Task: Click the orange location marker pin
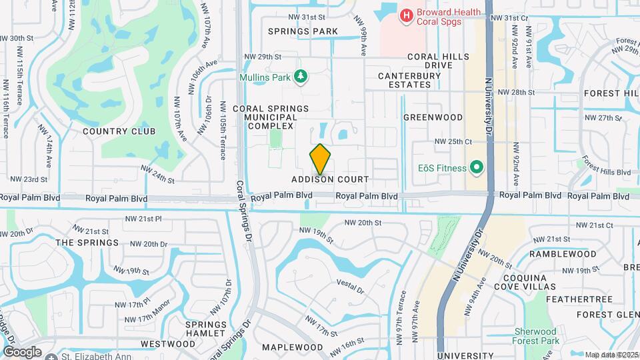click(321, 159)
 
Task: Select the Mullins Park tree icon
click(301, 77)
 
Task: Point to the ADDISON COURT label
click(329, 180)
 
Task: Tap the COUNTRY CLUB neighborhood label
click(119, 131)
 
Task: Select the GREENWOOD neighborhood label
click(433, 117)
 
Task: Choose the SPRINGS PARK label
click(303, 31)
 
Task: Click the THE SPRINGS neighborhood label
click(87, 243)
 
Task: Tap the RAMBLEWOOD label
click(563, 254)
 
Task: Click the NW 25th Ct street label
click(453, 141)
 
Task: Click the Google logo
click(22, 351)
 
